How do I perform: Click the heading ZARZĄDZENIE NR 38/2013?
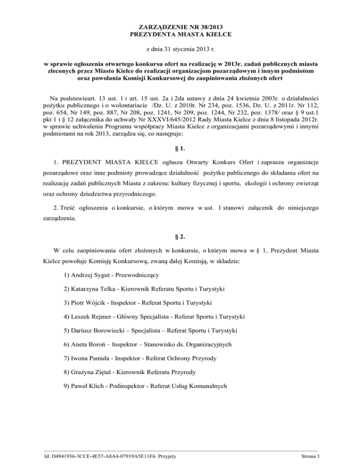[x=181, y=27]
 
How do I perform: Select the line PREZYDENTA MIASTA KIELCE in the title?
[x=181, y=34]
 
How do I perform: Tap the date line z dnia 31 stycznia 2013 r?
[x=181, y=50]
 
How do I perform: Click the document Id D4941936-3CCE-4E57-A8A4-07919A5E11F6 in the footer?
[x=100, y=457]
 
